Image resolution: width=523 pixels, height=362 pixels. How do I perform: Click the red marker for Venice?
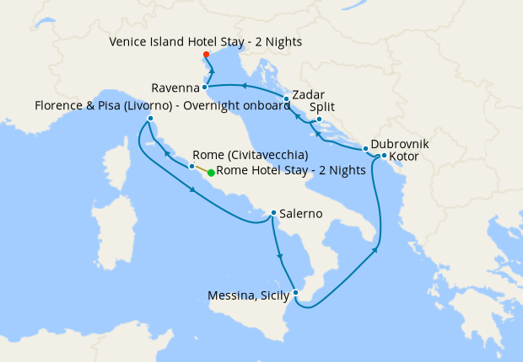point(207,55)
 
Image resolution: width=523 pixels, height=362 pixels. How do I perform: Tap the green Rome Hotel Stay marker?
point(211,172)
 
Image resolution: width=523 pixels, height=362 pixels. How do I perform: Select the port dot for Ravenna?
point(205,88)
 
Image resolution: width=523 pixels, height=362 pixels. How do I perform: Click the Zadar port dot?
point(287,99)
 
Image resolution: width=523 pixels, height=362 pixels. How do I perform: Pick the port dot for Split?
point(318,120)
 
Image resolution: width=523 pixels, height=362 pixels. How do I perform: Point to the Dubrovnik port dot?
point(366,149)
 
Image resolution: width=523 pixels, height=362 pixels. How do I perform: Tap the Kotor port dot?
point(384,156)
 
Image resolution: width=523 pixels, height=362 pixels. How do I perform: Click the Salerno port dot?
point(273,213)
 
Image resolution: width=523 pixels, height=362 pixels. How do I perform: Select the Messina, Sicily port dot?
point(294,293)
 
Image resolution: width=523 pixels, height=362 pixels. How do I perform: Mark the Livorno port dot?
point(149,119)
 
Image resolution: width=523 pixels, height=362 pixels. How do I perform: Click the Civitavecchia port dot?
point(192,167)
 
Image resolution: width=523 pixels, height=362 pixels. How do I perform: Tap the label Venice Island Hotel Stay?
point(206,41)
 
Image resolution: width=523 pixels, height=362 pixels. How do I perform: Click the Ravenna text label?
point(175,88)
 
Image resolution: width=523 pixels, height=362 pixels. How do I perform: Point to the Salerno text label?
point(302,214)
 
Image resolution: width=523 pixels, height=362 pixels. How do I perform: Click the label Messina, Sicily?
point(249,295)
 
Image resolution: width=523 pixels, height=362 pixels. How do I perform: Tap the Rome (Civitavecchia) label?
point(250,156)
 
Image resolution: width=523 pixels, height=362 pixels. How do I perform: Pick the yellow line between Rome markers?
point(202,169)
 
